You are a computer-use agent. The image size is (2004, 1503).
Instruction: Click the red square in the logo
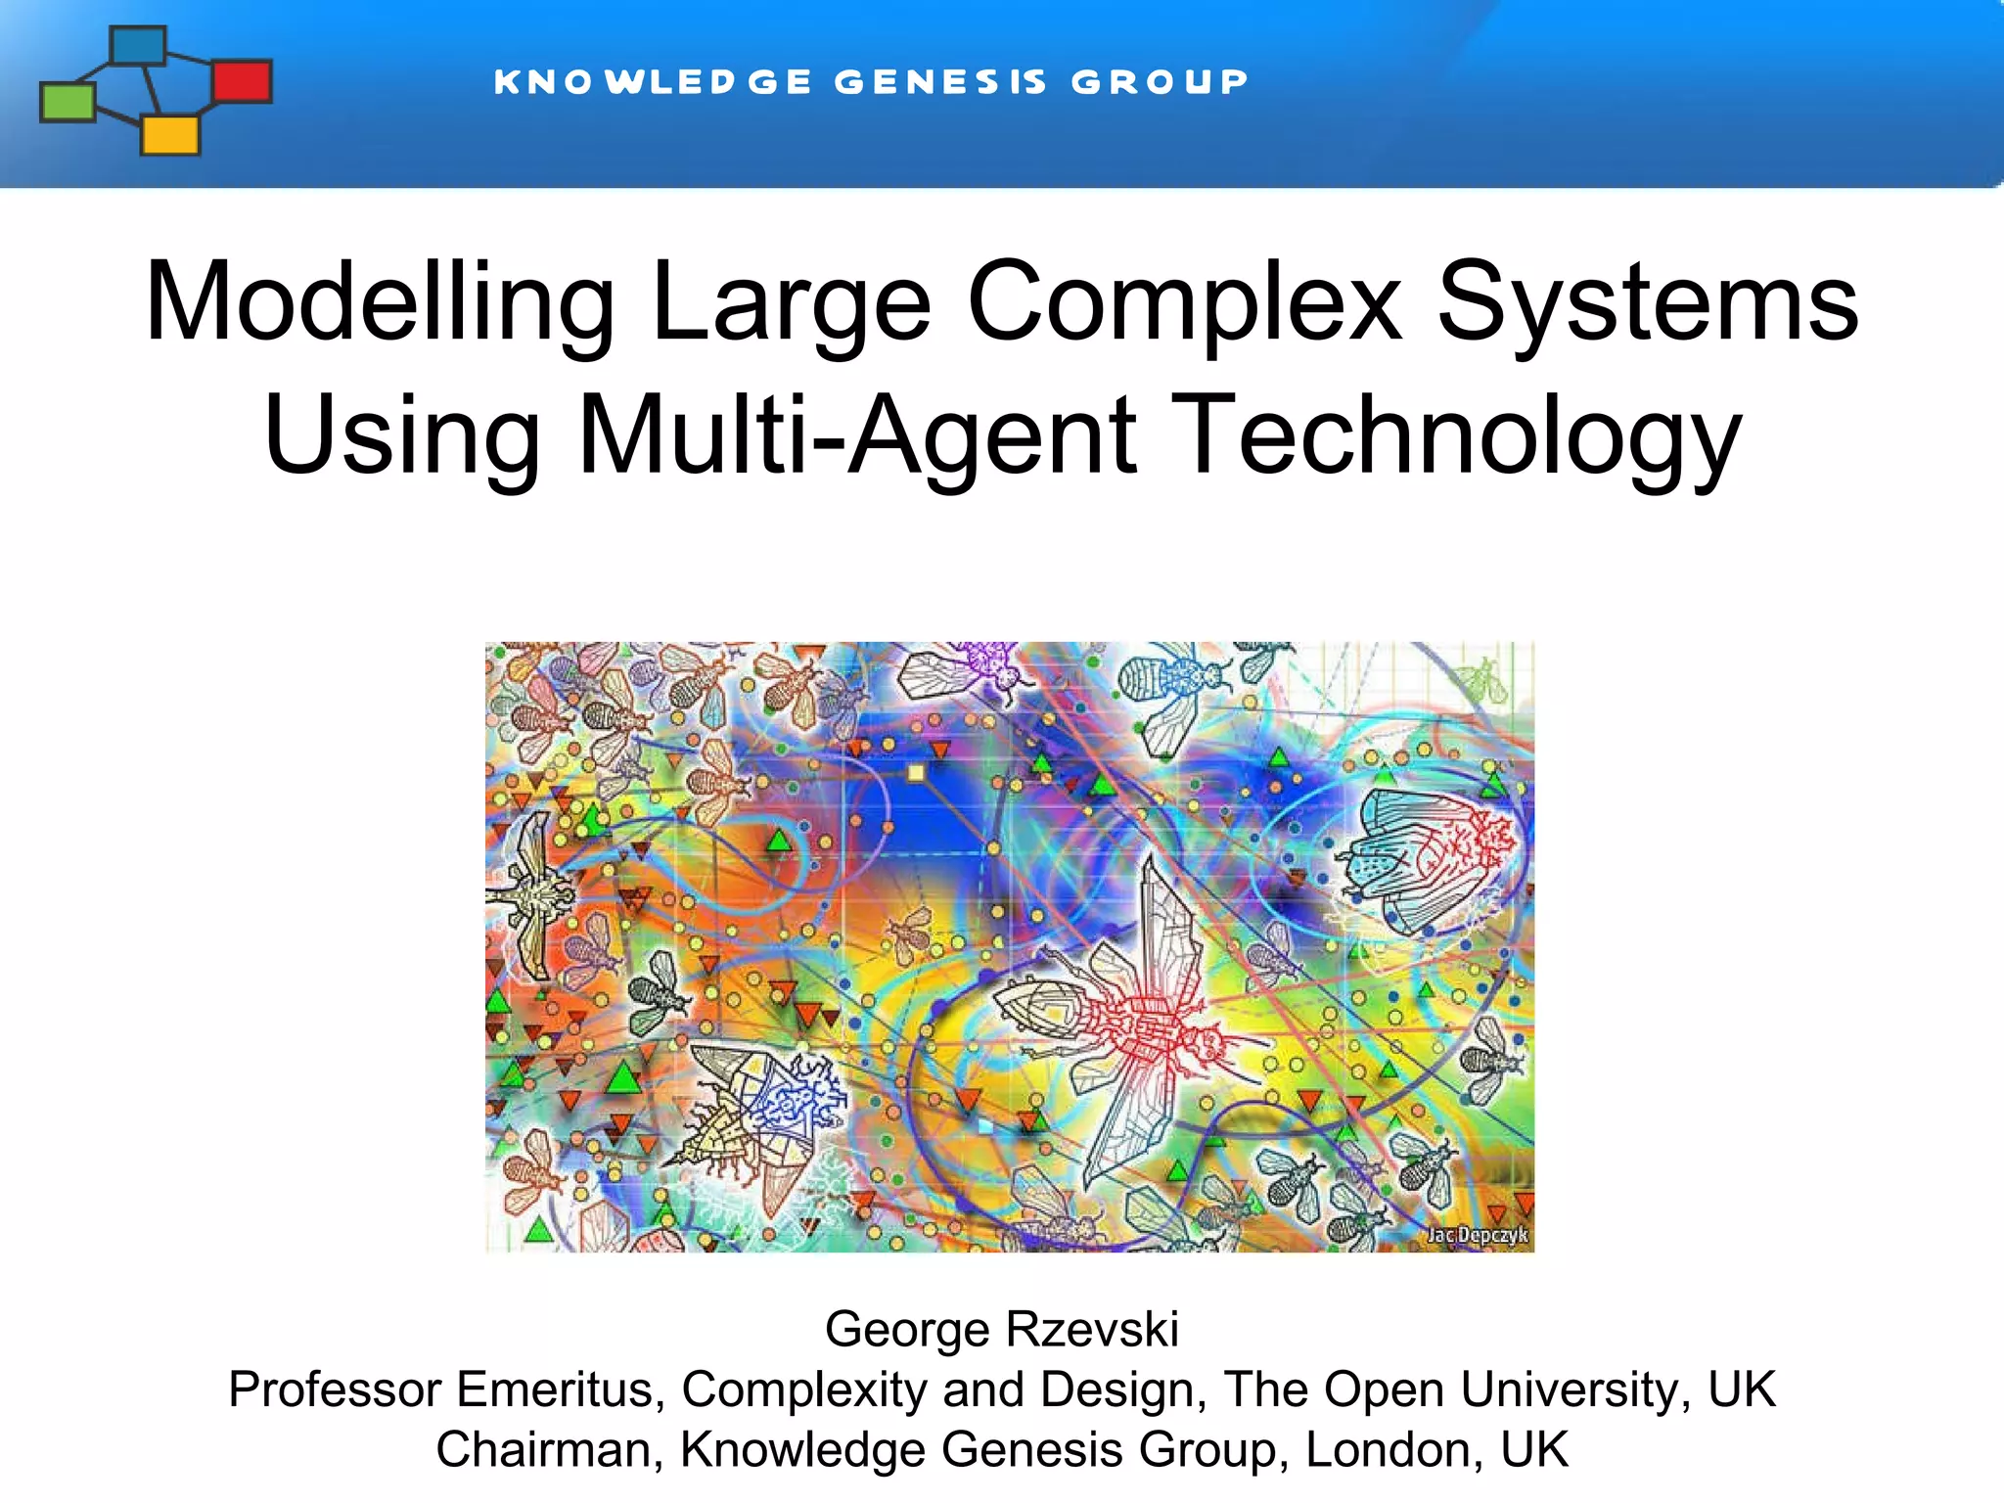coord(242,81)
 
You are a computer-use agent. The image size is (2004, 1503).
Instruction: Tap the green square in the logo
coord(68,102)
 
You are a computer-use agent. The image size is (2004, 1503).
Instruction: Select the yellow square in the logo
coord(170,135)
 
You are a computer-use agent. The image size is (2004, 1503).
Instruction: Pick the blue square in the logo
coord(138,45)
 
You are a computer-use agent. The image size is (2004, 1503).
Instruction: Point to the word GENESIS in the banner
coord(940,82)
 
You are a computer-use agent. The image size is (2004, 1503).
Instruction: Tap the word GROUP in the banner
coord(1160,82)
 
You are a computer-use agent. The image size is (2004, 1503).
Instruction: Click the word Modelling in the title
coord(380,303)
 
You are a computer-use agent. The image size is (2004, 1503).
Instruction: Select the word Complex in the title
coord(1185,303)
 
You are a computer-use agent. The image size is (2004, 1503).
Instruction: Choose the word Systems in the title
coord(1648,303)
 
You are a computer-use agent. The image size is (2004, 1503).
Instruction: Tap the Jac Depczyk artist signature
coord(1477,1235)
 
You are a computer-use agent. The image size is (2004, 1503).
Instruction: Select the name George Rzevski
coord(1002,1329)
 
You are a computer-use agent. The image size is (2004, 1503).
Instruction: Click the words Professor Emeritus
coord(446,1389)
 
